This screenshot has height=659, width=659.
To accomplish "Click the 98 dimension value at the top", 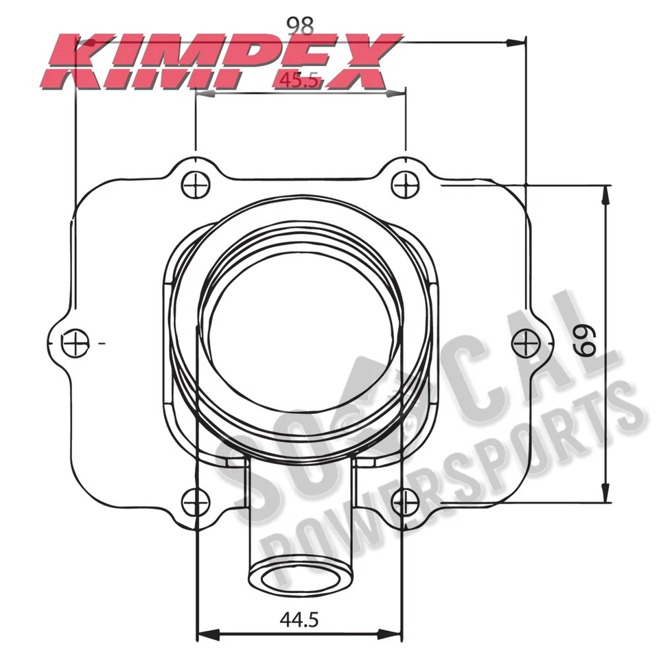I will coord(300,25).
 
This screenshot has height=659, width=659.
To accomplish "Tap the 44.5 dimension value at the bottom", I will coord(300,621).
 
